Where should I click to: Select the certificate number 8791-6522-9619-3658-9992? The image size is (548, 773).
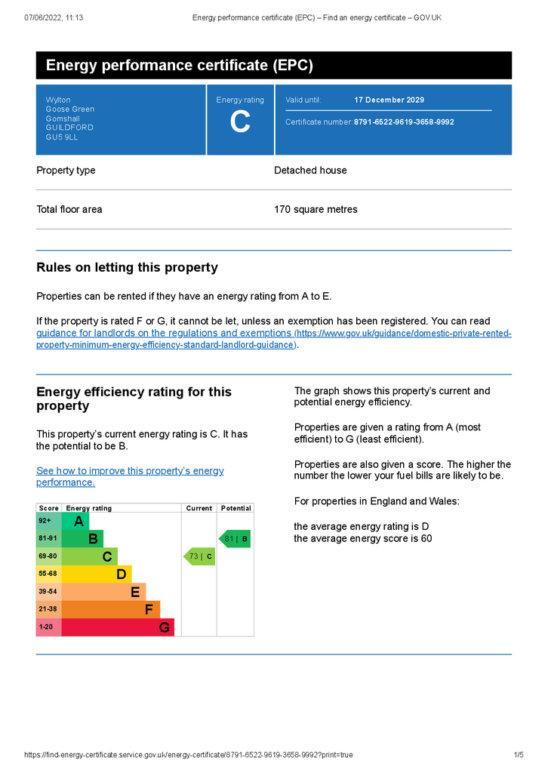(x=404, y=122)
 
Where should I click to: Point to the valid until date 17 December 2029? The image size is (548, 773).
(x=389, y=100)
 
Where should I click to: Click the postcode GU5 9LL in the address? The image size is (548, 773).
(x=62, y=137)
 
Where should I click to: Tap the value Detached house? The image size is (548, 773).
(x=310, y=171)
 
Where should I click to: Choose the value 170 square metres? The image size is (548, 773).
(x=316, y=209)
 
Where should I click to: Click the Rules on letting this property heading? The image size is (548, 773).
(x=127, y=267)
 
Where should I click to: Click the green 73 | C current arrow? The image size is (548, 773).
(x=200, y=557)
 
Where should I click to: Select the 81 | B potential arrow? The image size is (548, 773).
(x=235, y=539)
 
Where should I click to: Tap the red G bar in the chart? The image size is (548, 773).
(x=117, y=627)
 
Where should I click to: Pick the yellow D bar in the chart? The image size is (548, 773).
(x=97, y=574)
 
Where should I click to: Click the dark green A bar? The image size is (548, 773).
(x=75, y=522)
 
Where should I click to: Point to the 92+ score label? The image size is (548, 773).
(x=45, y=521)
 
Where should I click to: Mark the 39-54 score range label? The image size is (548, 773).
(x=48, y=592)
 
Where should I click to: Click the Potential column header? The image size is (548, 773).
(x=236, y=508)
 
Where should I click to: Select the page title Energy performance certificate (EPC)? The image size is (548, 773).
(x=180, y=66)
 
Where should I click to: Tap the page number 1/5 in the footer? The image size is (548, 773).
(x=519, y=755)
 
